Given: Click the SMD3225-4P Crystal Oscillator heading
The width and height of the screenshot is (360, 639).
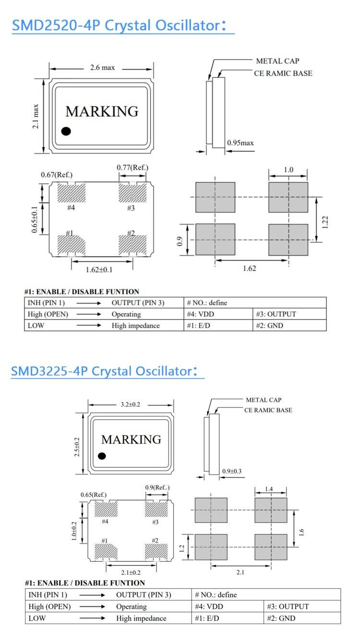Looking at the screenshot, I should coord(104,371).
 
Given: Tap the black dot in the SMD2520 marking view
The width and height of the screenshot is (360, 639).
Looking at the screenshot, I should coord(67,130).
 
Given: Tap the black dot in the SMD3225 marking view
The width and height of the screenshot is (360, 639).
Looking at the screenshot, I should coord(102,456).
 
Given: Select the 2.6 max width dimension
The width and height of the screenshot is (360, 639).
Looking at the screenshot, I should coord(102,68).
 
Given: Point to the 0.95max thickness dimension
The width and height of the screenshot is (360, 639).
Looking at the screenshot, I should coord(240,143).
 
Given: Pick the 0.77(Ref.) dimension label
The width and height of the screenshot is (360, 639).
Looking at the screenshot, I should coord(132,167).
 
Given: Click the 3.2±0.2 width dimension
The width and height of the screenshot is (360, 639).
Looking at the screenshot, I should coord(130,404).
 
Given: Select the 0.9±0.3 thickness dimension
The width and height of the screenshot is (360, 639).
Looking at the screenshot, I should coord(232,471).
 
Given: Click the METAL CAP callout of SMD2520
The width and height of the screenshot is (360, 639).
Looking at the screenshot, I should coord(277,61).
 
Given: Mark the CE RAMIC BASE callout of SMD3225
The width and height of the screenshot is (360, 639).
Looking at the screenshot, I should coord(268,410).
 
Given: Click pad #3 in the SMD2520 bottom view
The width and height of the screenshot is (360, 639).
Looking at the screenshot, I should coord(132,193).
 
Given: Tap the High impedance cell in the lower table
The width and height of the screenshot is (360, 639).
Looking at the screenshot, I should coord(141,618).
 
